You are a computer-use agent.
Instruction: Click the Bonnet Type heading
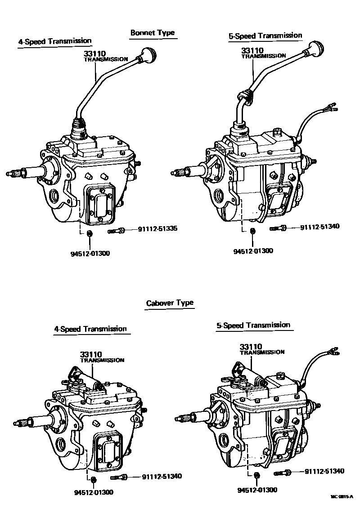152,33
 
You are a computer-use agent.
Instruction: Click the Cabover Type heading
170,303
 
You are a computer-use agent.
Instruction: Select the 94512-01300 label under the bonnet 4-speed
90,253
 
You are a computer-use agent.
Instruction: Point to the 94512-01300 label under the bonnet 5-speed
253,251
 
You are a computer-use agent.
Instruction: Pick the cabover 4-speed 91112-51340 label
162,477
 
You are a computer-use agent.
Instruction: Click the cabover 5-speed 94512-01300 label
258,490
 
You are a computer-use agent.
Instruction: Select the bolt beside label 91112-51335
117,231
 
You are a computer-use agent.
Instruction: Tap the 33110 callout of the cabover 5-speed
251,347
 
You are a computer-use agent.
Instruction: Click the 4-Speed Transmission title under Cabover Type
90,329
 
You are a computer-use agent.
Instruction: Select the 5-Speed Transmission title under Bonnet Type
265,36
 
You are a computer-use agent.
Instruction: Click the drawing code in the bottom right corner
342,497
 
